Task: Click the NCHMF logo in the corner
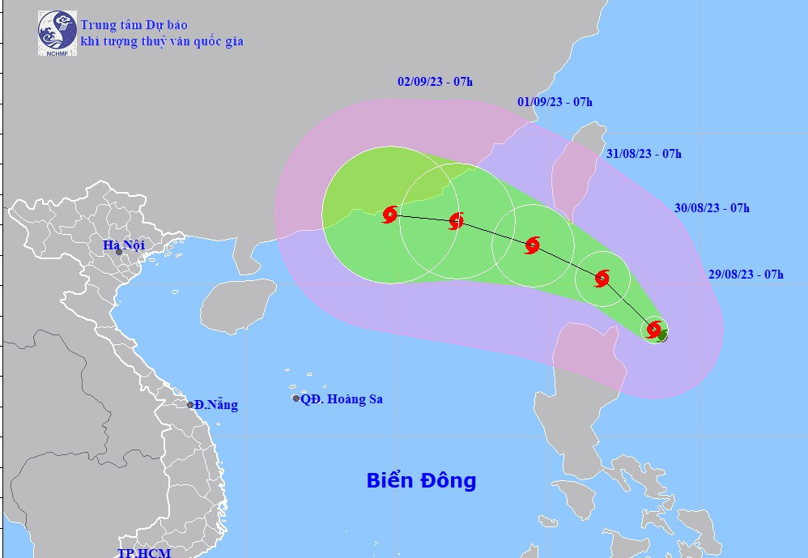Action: point(57,33)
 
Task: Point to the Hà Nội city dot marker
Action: point(119,252)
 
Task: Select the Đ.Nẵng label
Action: point(216,404)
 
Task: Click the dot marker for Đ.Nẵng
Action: point(190,404)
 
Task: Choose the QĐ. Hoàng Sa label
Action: point(342,398)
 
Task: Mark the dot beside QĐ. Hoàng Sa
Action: point(296,398)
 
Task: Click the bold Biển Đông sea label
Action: point(421,480)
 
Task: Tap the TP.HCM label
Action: point(143,552)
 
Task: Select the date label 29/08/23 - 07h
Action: point(746,275)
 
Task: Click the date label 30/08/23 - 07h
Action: point(712,208)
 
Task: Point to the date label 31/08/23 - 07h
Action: point(644,154)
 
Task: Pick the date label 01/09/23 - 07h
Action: point(555,101)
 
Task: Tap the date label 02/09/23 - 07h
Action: point(435,81)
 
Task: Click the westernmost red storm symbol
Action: point(389,215)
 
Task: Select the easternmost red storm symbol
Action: point(654,329)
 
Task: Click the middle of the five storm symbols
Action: point(532,245)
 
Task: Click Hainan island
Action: point(237,304)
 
